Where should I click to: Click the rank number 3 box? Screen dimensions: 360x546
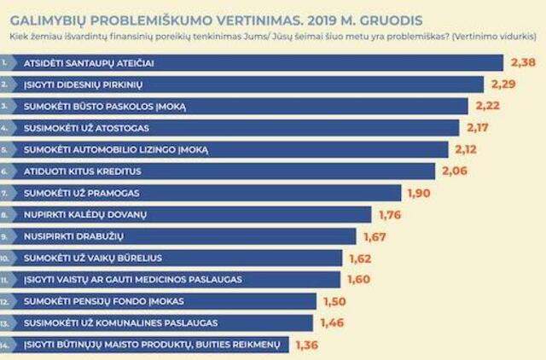pos(8,106)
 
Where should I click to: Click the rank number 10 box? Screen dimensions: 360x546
pos(8,258)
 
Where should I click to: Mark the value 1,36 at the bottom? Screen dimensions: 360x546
pos(307,345)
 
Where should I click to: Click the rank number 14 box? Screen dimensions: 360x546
pos(8,345)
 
